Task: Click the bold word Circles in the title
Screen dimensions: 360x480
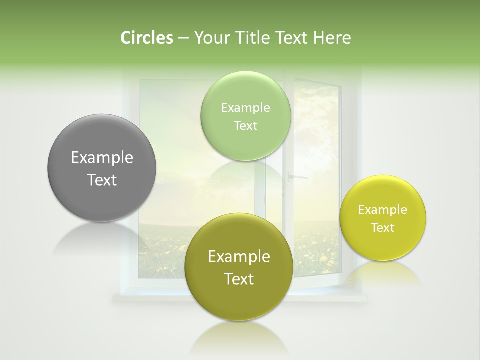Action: [x=146, y=38]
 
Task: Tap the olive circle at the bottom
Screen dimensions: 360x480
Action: [x=239, y=300]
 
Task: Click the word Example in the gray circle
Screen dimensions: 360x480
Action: [x=102, y=158]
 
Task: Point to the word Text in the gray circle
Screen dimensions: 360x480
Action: [x=102, y=180]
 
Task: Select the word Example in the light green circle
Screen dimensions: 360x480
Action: [x=246, y=108]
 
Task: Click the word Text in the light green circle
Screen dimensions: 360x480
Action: [x=246, y=126]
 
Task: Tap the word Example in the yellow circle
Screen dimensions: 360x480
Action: [x=383, y=210]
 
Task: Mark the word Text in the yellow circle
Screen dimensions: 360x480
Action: [x=383, y=228]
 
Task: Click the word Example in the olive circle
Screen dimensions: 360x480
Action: [x=239, y=257]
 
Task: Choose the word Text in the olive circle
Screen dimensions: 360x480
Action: [x=239, y=279]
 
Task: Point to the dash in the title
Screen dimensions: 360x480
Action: [x=183, y=38]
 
